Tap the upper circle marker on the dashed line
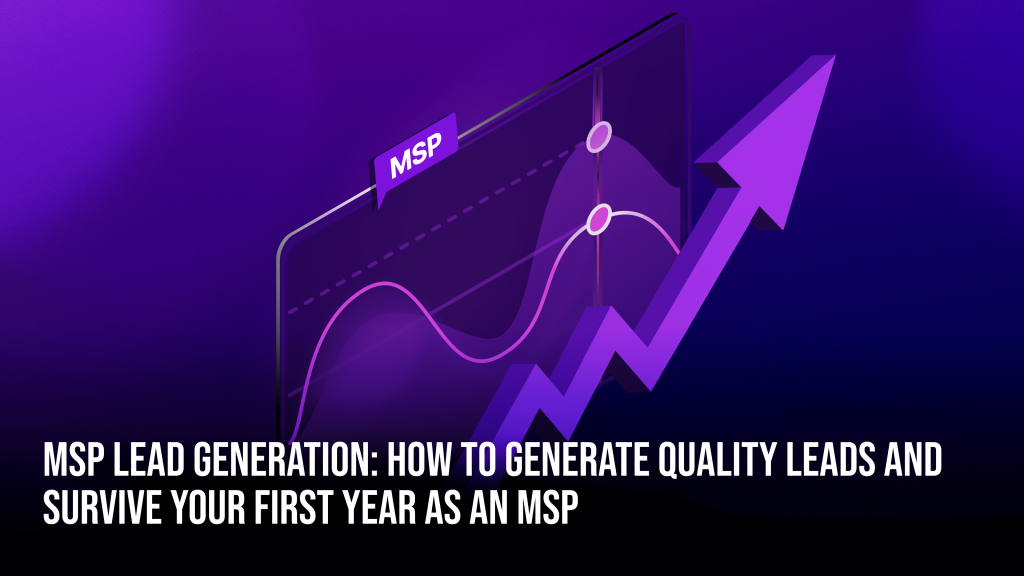(599, 138)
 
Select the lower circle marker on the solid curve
(599, 218)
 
